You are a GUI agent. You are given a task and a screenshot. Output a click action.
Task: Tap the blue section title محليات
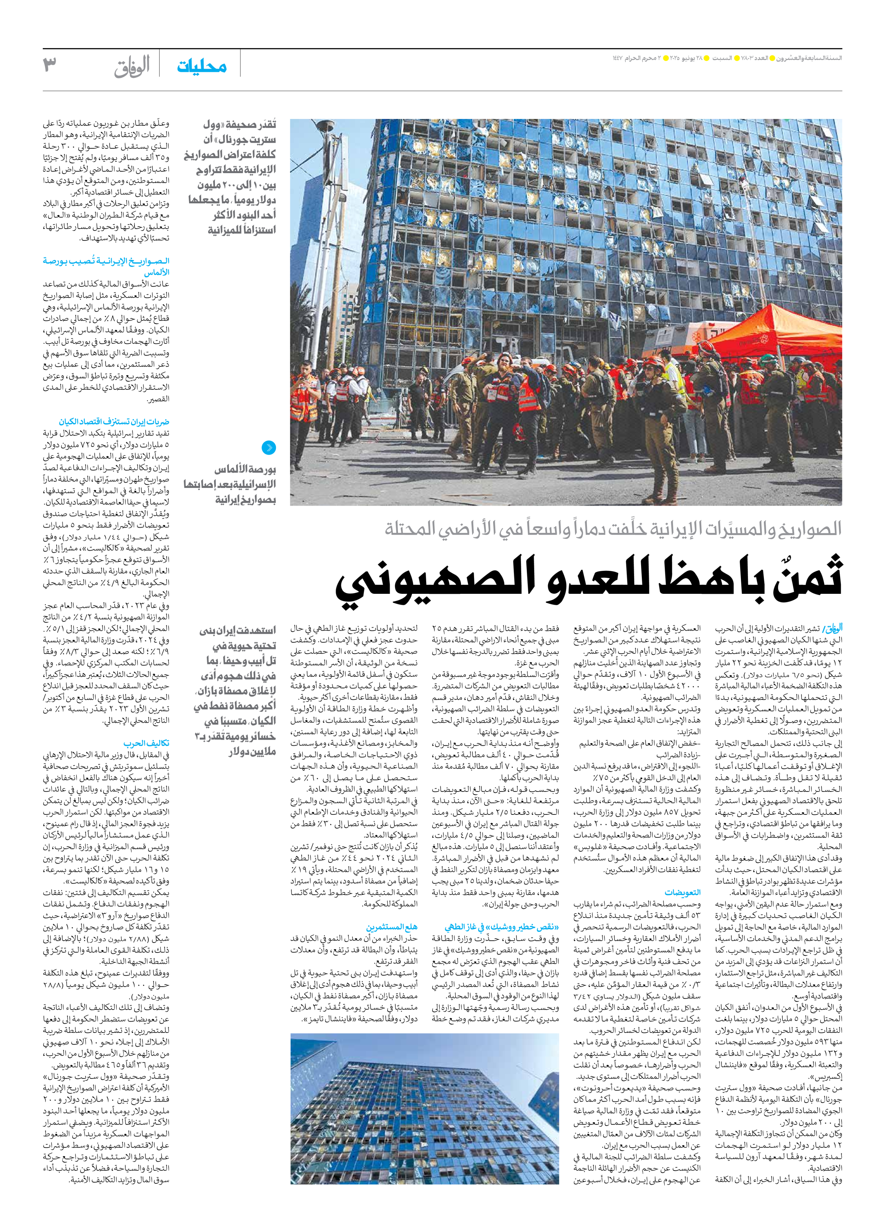click(201, 67)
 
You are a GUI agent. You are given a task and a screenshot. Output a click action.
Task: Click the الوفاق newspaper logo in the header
click(132, 67)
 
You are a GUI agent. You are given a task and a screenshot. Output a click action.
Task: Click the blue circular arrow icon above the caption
click(268, 447)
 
